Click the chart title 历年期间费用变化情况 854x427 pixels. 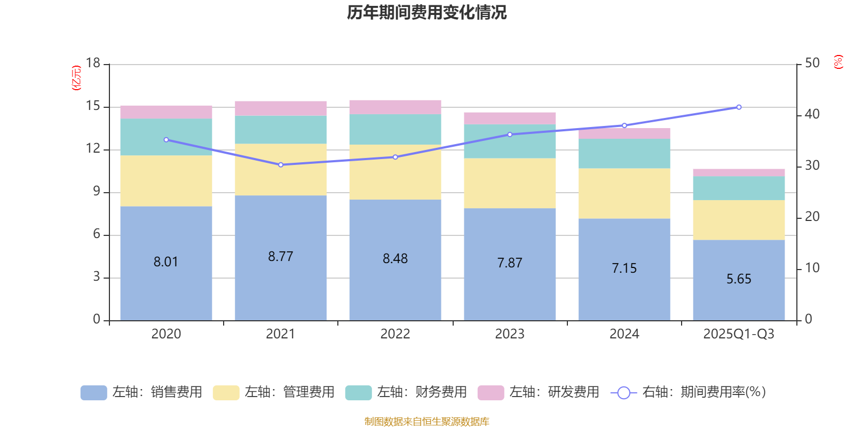pos(426,12)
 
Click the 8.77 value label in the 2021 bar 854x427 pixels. pos(281,257)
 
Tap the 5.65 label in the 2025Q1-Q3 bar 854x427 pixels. pos(739,279)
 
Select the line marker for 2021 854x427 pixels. pos(281,165)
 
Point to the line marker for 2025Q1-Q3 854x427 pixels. pos(739,107)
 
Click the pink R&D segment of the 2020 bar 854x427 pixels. pos(166,112)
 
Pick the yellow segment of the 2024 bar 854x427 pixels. pos(624,193)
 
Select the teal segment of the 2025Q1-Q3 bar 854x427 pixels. pos(739,188)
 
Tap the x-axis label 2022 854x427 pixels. pos(395,334)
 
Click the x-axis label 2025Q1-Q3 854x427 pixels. pos(739,334)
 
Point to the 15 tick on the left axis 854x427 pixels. pos(93,106)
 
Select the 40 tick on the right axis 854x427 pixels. pos(812,114)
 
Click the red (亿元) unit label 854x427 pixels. pos(77,78)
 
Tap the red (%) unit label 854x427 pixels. pos(839,62)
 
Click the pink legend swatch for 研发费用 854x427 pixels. pos(491,393)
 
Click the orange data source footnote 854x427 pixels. pos(426,422)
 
